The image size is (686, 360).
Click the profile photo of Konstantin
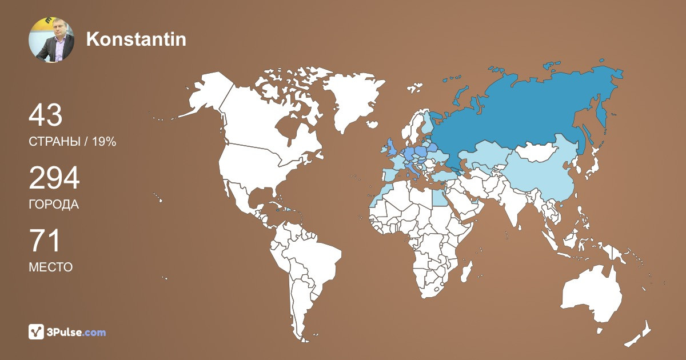[x=51, y=39]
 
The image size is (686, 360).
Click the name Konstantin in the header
[x=136, y=39]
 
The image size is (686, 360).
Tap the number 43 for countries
[x=45, y=115]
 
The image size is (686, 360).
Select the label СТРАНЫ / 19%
[x=73, y=142]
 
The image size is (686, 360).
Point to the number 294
[x=54, y=179]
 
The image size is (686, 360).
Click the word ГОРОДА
[x=54, y=205]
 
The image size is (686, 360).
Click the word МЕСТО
[x=51, y=267]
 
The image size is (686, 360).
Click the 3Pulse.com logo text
[x=76, y=332]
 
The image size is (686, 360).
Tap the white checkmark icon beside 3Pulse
[x=37, y=332]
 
